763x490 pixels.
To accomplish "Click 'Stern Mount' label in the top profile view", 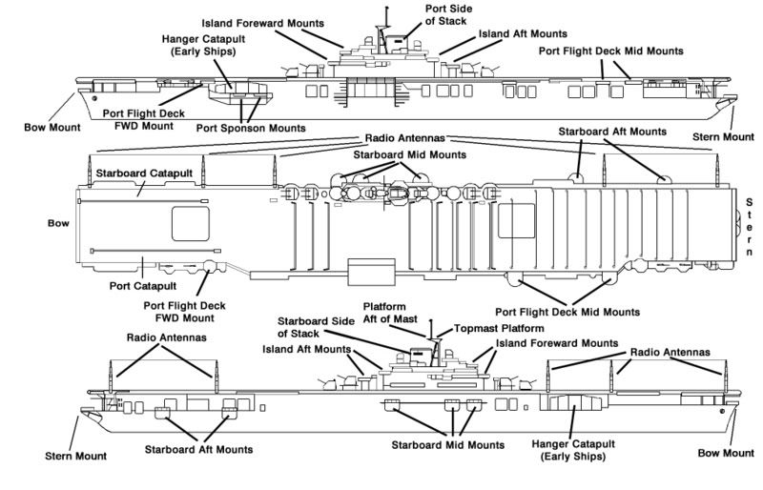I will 725,137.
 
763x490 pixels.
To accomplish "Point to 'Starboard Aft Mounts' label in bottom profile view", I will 199,449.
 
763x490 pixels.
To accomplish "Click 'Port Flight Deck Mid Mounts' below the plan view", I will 568,312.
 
